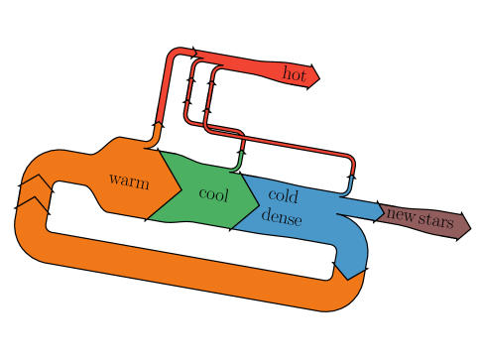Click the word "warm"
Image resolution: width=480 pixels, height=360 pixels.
pos(129,180)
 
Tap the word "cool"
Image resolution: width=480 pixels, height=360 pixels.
pos(213,194)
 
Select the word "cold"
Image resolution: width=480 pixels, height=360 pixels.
pos(283,196)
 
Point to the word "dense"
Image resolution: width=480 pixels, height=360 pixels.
pos(282,218)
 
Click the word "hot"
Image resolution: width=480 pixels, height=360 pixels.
pos(295,73)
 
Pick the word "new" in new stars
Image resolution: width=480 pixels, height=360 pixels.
pos(400,214)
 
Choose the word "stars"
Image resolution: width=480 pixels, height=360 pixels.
pos(435,220)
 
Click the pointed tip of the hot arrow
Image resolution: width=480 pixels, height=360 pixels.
pos(320,78)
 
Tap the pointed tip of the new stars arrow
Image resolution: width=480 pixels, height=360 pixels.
pos(471,228)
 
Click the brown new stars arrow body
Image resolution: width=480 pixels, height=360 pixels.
pos(424,219)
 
